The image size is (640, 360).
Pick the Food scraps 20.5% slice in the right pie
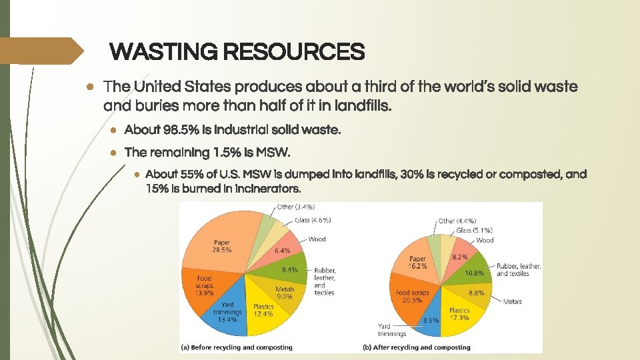click(x=413, y=297)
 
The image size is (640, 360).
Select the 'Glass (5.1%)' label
click(x=475, y=231)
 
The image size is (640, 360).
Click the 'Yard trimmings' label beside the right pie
click(x=393, y=329)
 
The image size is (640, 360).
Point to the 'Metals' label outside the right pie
click(x=513, y=301)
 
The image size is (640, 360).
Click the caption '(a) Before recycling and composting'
click(x=237, y=347)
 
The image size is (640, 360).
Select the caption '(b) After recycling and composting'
click(x=417, y=347)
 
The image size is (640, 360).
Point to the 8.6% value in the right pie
click(x=431, y=321)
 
